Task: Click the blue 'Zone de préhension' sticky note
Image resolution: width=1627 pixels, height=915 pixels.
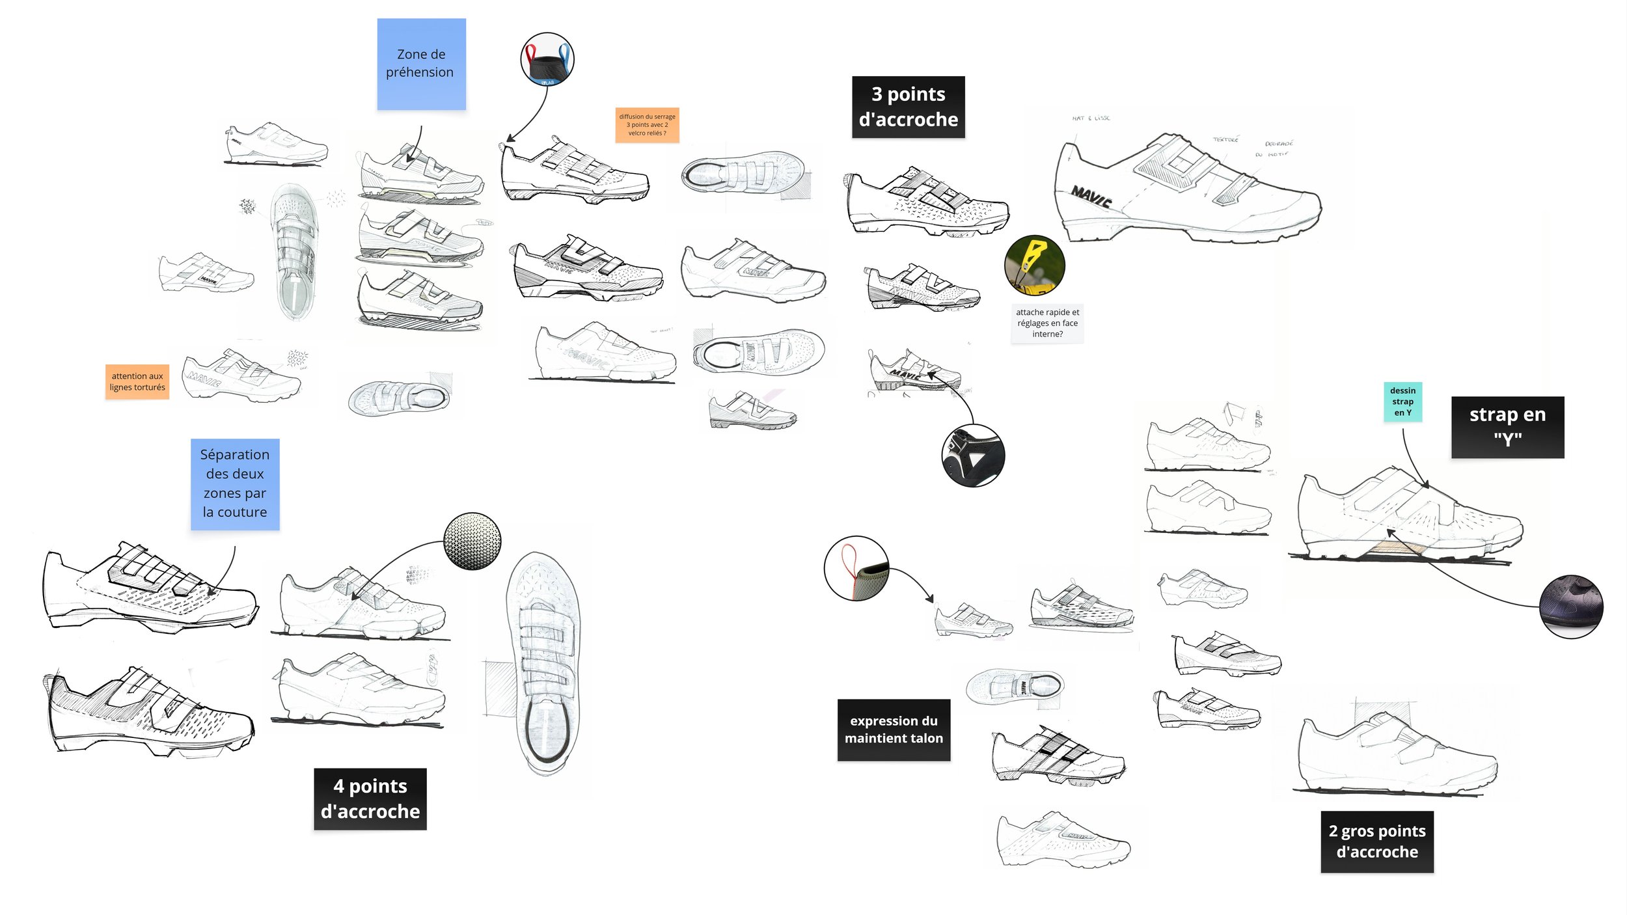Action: click(x=421, y=64)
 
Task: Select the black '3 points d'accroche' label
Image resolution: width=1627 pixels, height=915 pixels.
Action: click(x=908, y=107)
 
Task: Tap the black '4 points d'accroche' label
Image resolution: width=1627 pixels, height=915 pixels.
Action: click(x=370, y=799)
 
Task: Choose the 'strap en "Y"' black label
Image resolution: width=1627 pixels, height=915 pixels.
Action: click(x=1507, y=427)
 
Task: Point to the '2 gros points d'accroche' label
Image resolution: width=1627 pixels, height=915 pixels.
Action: click(x=1376, y=841)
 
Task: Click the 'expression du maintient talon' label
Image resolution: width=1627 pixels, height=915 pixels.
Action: click(x=893, y=730)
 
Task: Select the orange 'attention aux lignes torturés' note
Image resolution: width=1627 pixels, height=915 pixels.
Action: click(x=137, y=381)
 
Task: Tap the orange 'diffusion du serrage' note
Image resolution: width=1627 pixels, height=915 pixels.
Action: click(x=647, y=125)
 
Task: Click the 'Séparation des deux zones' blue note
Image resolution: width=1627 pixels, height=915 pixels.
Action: click(x=234, y=484)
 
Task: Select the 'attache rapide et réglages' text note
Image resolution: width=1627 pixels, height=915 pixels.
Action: click(x=1046, y=323)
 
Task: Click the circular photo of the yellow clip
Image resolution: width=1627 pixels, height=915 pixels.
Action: click(x=1034, y=266)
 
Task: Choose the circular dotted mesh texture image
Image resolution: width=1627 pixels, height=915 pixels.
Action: click(x=472, y=541)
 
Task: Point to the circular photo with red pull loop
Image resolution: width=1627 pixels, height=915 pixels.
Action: click(x=856, y=568)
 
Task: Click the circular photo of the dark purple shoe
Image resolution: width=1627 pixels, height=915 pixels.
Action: click(x=1570, y=607)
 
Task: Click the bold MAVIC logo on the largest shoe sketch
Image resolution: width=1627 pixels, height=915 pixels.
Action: click(x=1091, y=196)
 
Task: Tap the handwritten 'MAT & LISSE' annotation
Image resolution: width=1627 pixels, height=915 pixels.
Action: click(x=1091, y=118)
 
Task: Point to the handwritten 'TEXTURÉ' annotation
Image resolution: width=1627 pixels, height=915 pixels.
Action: click(x=1225, y=139)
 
